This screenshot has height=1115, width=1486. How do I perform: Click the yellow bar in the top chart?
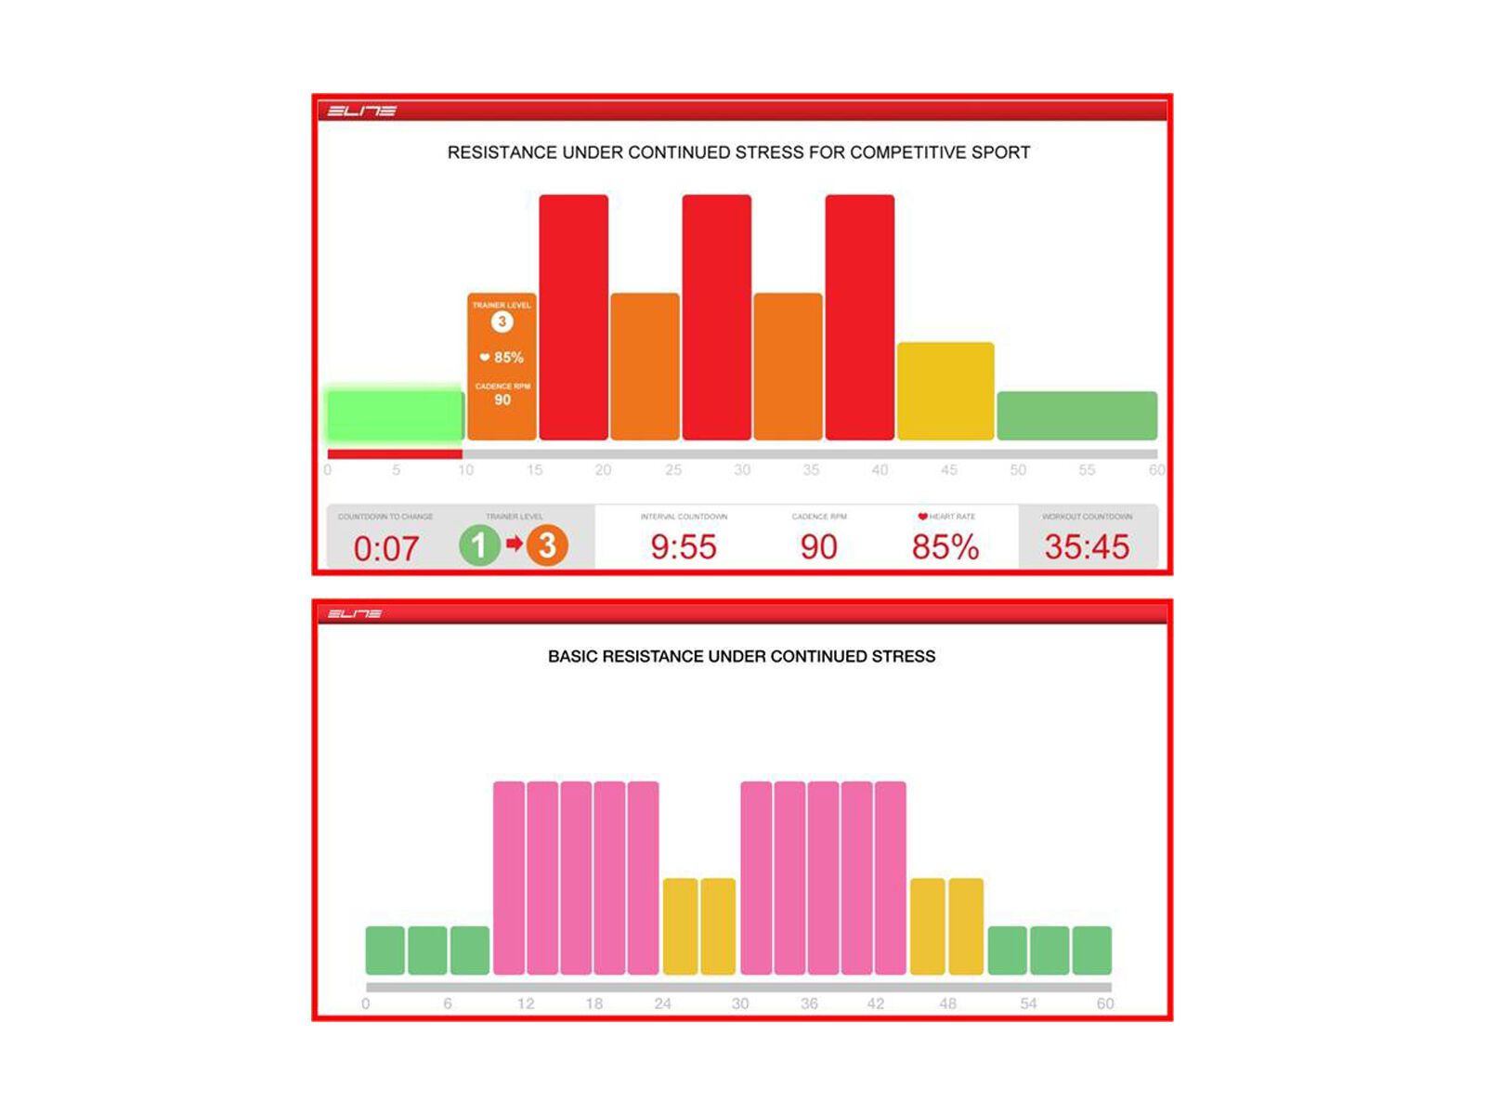[x=945, y=391]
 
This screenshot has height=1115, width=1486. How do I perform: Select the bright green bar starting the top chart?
[x=395, y=414]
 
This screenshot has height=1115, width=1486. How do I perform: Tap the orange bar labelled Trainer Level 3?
[x=502, y=366]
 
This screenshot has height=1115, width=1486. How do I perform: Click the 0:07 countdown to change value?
[x=385, y=548]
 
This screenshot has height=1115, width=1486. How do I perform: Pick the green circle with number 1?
[x=479, y=545]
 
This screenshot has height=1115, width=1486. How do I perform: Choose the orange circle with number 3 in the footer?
[x=547, y=545]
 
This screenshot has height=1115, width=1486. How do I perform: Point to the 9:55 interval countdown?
[x=684, y=546]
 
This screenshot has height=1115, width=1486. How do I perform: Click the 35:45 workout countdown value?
[x=1087, y=546]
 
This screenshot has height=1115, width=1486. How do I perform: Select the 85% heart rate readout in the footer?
[x=945, y=546]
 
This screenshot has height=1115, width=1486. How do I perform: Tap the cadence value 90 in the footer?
[x=818, y=546]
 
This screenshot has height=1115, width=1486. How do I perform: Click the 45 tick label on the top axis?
[x=948, y=470]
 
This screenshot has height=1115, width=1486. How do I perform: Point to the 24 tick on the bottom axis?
[x=662, y=1003]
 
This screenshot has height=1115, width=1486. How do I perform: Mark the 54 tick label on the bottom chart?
[x=1028, y=1003]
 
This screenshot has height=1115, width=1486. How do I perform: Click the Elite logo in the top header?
[x=361, y=111]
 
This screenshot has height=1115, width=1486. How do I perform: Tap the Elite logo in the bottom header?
[x=354, y=613]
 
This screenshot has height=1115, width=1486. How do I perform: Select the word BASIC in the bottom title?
[x=572, y=656]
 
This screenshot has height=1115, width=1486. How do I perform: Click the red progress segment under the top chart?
[x=395, y=454]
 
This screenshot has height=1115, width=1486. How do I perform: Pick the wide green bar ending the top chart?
[x=1076, y=415]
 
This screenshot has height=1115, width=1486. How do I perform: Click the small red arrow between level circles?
[x=514, y=544]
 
